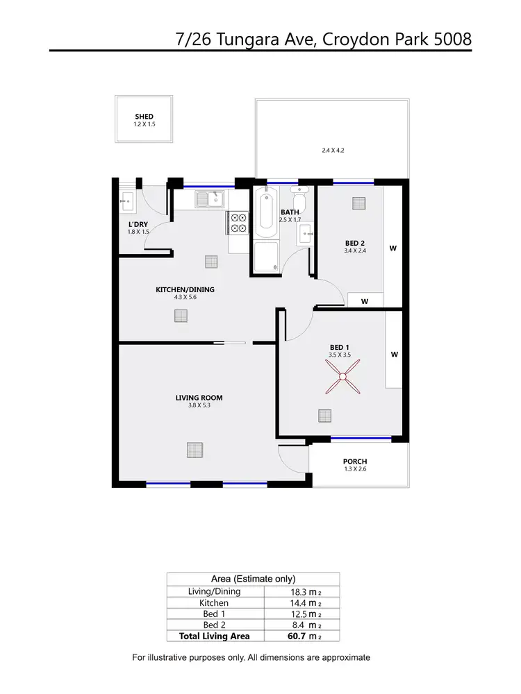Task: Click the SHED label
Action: coord(144,117)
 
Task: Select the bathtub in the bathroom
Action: coord(265,210)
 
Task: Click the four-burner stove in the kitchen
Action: coord(238,222)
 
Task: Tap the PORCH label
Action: coord(354,462)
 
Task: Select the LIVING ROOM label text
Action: coord(199,398)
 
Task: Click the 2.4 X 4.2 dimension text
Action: coord(333,150)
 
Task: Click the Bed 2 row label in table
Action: coord(214,625)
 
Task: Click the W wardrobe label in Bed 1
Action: coord(394,354)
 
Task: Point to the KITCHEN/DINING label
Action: coord(185,290)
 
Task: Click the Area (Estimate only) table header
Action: coord(253,579)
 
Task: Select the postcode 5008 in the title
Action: coord(452,39)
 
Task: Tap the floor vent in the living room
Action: coord(195,450)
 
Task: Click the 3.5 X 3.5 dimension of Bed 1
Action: coord(340,355)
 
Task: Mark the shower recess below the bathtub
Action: coord(265,257)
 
